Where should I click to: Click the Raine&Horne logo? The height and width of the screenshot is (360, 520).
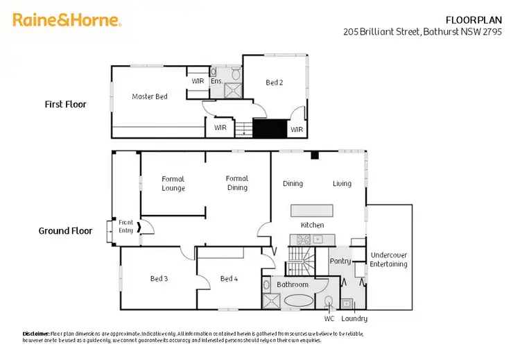67,20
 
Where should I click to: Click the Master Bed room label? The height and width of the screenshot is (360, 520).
150,96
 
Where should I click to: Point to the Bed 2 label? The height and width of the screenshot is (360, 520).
275,83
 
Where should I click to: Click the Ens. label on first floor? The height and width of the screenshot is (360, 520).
216,81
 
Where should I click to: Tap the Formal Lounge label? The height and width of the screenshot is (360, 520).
173,184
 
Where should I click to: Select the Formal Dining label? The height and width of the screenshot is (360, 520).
237,183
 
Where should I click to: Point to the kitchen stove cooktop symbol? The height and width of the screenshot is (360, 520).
304,239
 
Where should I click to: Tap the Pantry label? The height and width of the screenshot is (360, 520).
340,261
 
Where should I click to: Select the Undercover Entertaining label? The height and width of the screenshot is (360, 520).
388,259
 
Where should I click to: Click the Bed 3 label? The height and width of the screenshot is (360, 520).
159,279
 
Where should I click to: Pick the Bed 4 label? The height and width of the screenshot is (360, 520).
229,279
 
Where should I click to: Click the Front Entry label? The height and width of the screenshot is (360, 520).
125,226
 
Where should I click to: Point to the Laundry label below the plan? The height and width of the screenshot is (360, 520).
354,319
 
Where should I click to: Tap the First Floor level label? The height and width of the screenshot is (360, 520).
65,105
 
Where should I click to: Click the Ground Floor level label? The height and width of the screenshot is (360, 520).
65,231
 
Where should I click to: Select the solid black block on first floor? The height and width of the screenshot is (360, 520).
270,129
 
